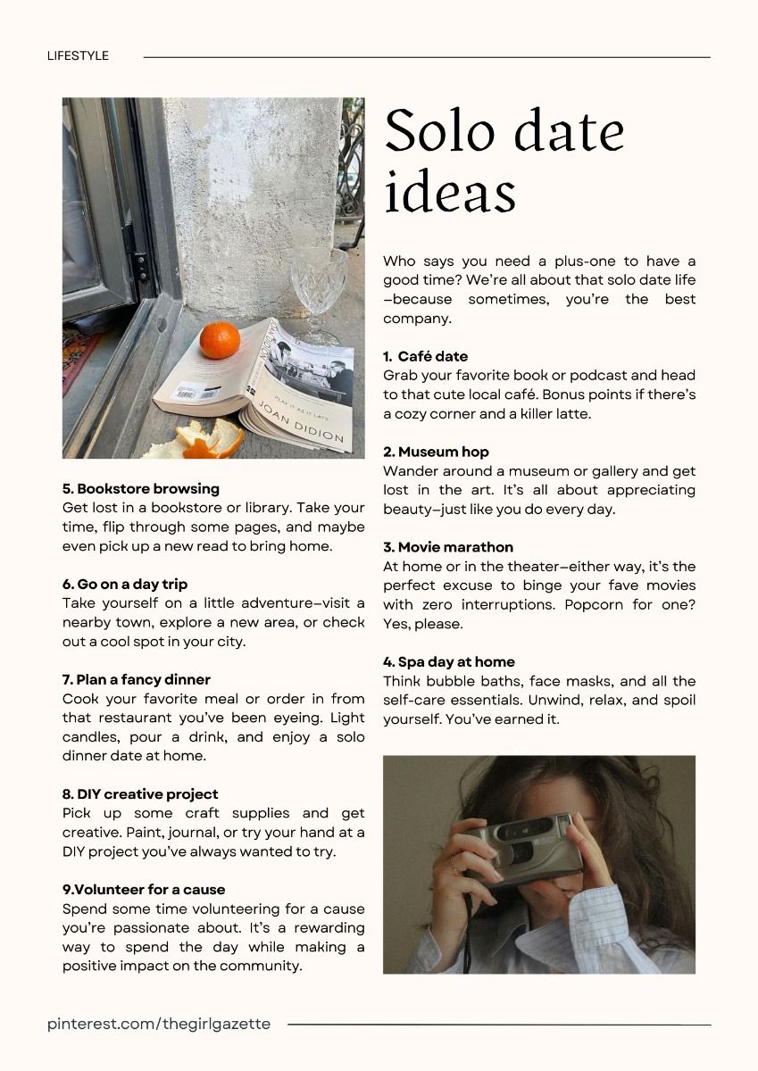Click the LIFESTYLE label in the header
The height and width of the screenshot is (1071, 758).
(78, 55)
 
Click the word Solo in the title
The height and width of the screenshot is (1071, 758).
(439, 131)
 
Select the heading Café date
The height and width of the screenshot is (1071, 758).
(432, 356)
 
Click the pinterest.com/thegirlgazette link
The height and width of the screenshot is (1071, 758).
(159, 1024)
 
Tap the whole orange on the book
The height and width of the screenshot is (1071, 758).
(220, 340)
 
